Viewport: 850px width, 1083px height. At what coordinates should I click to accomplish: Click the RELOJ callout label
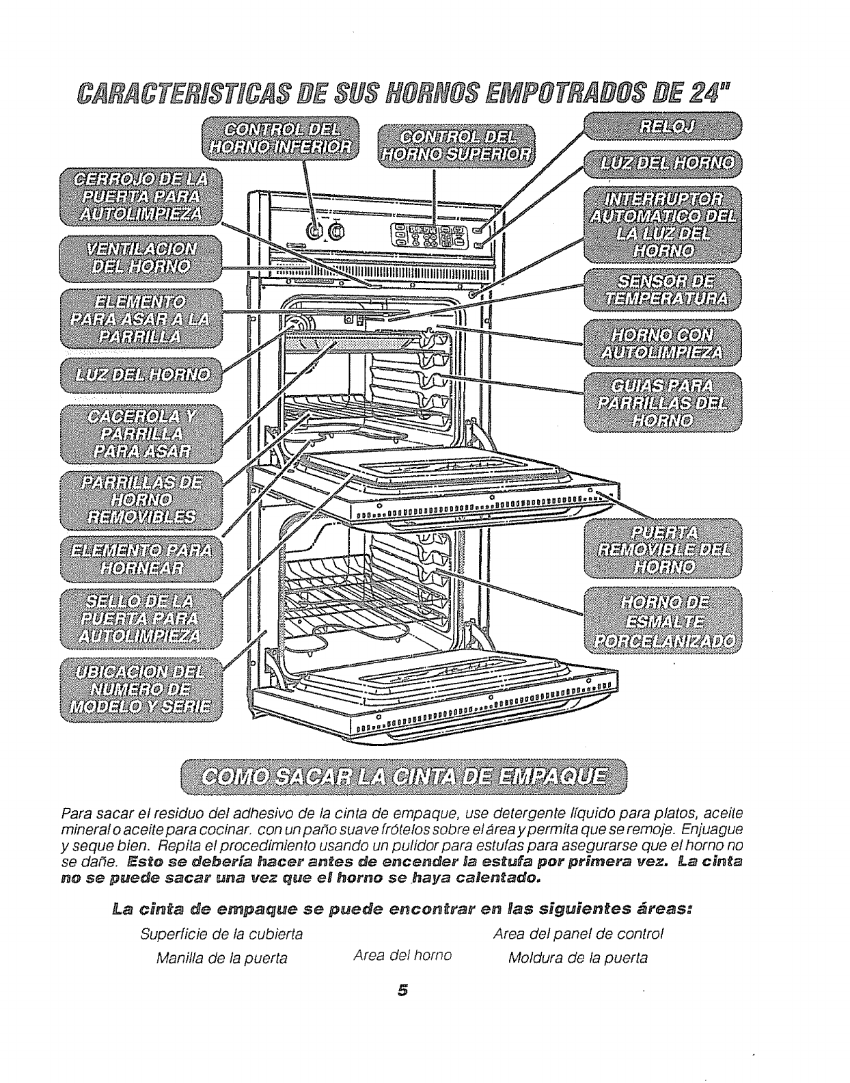661,126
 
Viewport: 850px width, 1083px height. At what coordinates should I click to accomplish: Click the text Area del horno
402,954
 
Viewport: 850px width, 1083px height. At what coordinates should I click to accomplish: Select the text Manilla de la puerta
221,958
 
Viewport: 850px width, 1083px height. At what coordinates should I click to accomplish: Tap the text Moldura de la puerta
578,957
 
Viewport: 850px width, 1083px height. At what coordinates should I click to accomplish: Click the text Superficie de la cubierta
221,933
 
